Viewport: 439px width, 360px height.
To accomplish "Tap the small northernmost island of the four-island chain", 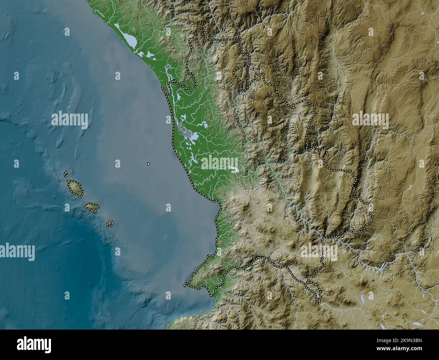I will pyautogui.click(x=66, y=174).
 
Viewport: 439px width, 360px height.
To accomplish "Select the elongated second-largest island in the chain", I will pyautogui.click(x=91, y=207).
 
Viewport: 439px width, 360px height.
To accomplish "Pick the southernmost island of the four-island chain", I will pyautogui.click(x=110, y=223).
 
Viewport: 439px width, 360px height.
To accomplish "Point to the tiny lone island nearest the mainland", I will pyautogui.click(x=148, y=164).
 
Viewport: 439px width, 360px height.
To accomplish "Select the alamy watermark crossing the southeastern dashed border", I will pyautogui.click(x=319, y=251).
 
